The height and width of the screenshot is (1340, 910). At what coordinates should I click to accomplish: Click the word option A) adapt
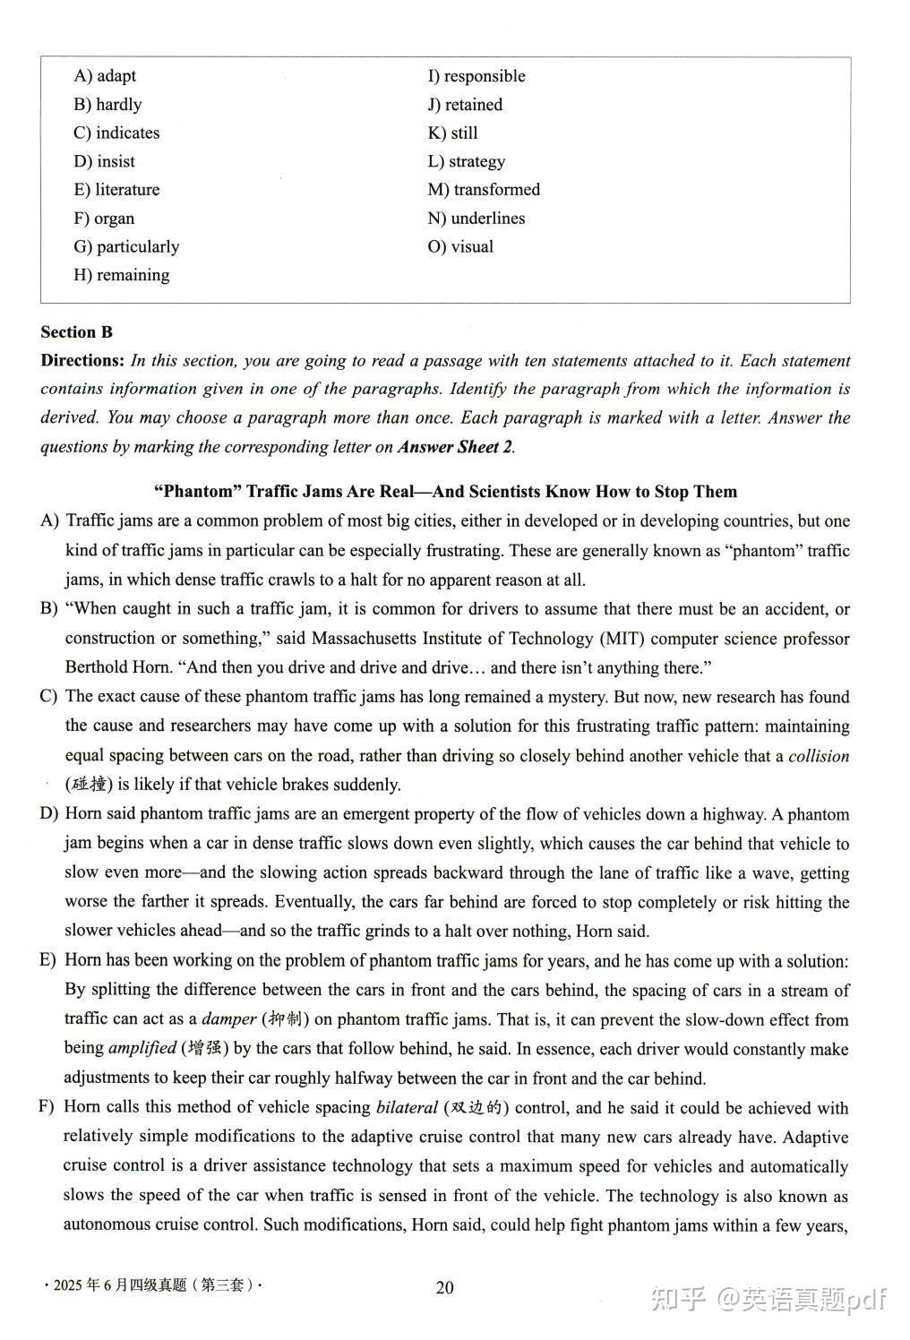[105, 76]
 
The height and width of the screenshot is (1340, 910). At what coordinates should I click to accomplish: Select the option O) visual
[460, 246]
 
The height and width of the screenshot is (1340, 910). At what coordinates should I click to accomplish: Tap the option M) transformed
[484, 190]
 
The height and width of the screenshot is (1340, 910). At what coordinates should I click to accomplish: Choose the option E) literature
[116, 190]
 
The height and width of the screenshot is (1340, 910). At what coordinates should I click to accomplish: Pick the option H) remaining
[121, 275]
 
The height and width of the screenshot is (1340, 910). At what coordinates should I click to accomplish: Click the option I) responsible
[476, 76]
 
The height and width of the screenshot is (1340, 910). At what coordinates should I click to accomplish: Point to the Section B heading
[76, 332]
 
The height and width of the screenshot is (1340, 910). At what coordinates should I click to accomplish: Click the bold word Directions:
[82, 361]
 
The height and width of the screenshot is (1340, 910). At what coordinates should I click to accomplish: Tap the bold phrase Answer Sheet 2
[456, 446]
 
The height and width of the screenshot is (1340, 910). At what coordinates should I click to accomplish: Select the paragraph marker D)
[49, 814]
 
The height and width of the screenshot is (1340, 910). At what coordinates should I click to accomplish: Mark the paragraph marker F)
[48, 1107]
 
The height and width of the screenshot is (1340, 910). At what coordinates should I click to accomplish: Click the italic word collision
[819, 756]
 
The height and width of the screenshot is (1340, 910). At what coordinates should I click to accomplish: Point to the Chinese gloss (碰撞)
[89, 785]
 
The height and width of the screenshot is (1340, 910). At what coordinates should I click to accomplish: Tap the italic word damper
[229, 1019]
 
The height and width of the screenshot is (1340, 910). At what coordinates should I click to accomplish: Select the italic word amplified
[142, 1048]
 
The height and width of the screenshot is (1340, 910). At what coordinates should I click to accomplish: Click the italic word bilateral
[407, 1107]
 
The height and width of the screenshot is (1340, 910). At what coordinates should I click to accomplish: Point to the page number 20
[444, 1288]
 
